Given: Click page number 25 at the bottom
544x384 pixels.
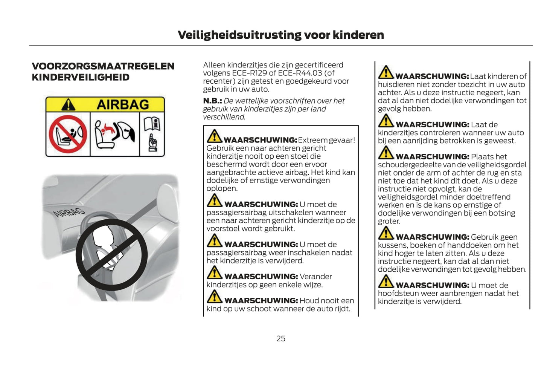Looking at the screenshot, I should pos(281,338).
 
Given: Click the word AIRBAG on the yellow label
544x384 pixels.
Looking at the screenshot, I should pos(123,104).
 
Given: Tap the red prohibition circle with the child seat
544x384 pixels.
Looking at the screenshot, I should pos(68,134).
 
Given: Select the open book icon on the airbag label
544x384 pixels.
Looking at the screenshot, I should pos(152,123).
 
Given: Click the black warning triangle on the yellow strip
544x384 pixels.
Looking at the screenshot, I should pos(68,105).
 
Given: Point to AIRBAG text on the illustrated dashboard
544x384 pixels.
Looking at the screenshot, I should pos(69,212).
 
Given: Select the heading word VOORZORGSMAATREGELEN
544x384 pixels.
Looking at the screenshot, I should pos(103,66).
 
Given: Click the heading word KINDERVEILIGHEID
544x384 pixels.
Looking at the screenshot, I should pos(81,77).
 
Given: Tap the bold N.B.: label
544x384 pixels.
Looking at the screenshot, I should pos(212,101).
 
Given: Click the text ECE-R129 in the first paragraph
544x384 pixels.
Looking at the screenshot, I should pos(248,73).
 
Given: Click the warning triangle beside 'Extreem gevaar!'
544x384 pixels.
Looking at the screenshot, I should pos(214,136).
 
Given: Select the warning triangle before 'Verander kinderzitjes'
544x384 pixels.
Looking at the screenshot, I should pos(214,273).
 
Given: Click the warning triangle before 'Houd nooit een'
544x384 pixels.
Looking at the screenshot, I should pos(214,297).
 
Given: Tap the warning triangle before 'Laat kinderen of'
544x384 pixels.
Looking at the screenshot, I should pos(386,73).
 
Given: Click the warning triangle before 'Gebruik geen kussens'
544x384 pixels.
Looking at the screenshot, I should pos(386,233).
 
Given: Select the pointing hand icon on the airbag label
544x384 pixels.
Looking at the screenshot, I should pos(152,143).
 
